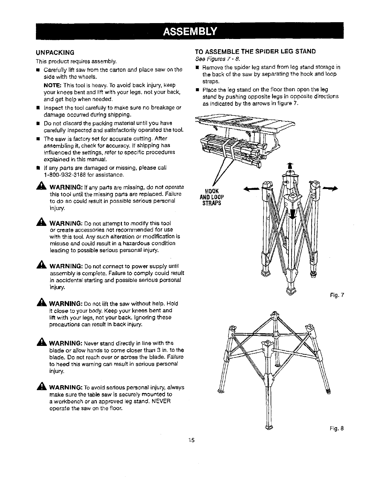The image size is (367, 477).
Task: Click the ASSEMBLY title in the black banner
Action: click(x=189, y=31)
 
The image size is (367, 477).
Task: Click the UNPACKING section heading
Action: click(x=55, y=53)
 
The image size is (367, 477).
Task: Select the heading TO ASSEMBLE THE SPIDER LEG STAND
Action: click(x=255, y=51)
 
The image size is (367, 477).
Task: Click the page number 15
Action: click(x=192, y=440)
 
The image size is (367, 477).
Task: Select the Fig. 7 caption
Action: click(x=339, y=295)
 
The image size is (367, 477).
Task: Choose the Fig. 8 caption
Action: click(x=339, y=428)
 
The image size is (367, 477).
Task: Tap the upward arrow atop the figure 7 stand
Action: click(x=289, y=166)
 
